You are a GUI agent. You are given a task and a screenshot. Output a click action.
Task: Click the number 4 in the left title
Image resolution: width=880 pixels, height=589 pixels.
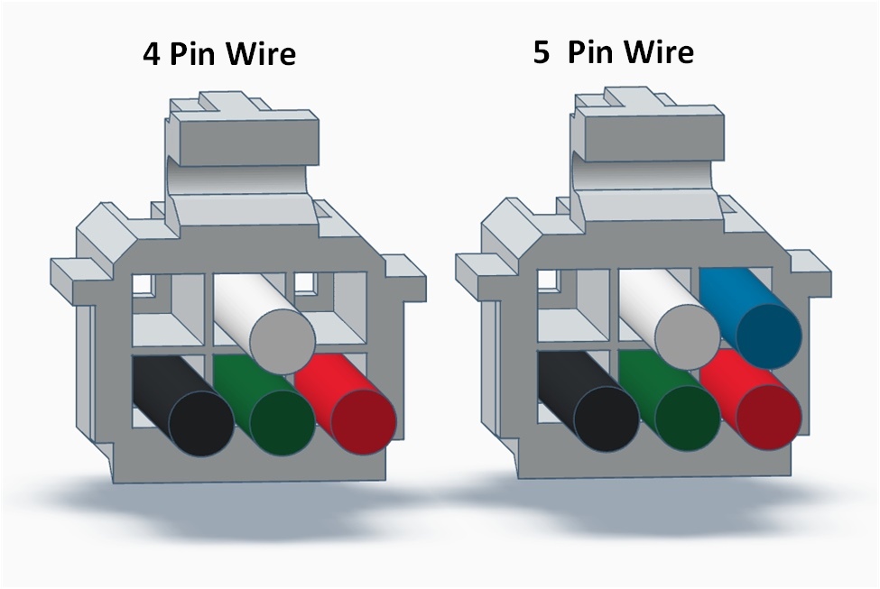pos(151,54)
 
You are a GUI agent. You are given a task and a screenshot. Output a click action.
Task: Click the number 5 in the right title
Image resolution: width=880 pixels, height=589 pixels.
pos(541,51)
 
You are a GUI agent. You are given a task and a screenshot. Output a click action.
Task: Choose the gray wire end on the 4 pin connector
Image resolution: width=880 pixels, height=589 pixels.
pos(282,340)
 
